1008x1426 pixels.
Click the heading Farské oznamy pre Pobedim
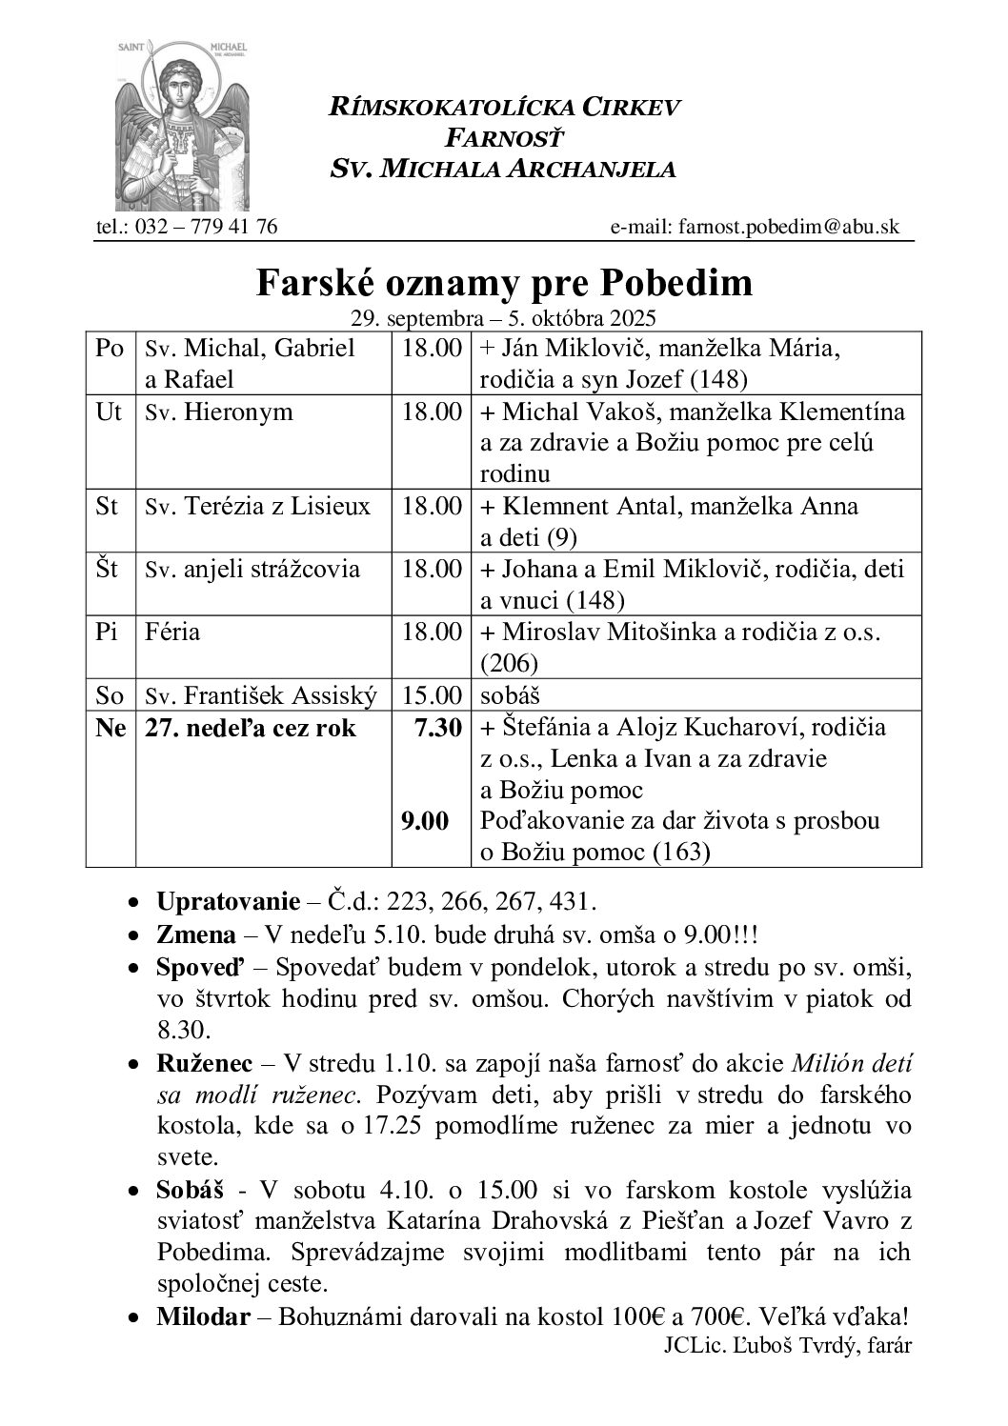[x=504, y=282]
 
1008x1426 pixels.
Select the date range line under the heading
[x=504, y=317]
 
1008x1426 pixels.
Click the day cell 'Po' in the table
[x=111, y=349]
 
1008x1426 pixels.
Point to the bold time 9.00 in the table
[x=425, y=821]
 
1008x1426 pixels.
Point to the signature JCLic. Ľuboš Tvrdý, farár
[x=785, y=1346]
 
